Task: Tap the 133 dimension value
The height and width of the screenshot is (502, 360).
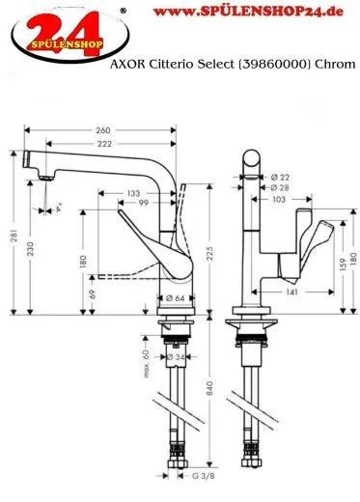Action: coord(134,194)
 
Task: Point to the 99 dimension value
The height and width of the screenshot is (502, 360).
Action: coord(143,205)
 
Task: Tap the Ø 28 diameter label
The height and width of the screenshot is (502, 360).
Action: coord(281,187)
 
